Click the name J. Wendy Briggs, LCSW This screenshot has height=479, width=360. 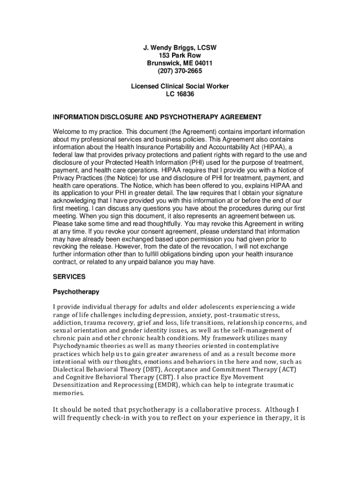point(180,48)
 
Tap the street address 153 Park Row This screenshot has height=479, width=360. point(180,55)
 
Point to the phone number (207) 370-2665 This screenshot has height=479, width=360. point(180,71)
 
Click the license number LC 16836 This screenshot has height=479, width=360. point(180,94)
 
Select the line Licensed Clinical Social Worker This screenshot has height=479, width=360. point(180,87)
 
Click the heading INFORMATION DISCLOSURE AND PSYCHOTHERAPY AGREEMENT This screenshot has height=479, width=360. point(157,117)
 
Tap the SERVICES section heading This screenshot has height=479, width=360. point(69,277)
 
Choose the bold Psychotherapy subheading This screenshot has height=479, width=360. point(76,292)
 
